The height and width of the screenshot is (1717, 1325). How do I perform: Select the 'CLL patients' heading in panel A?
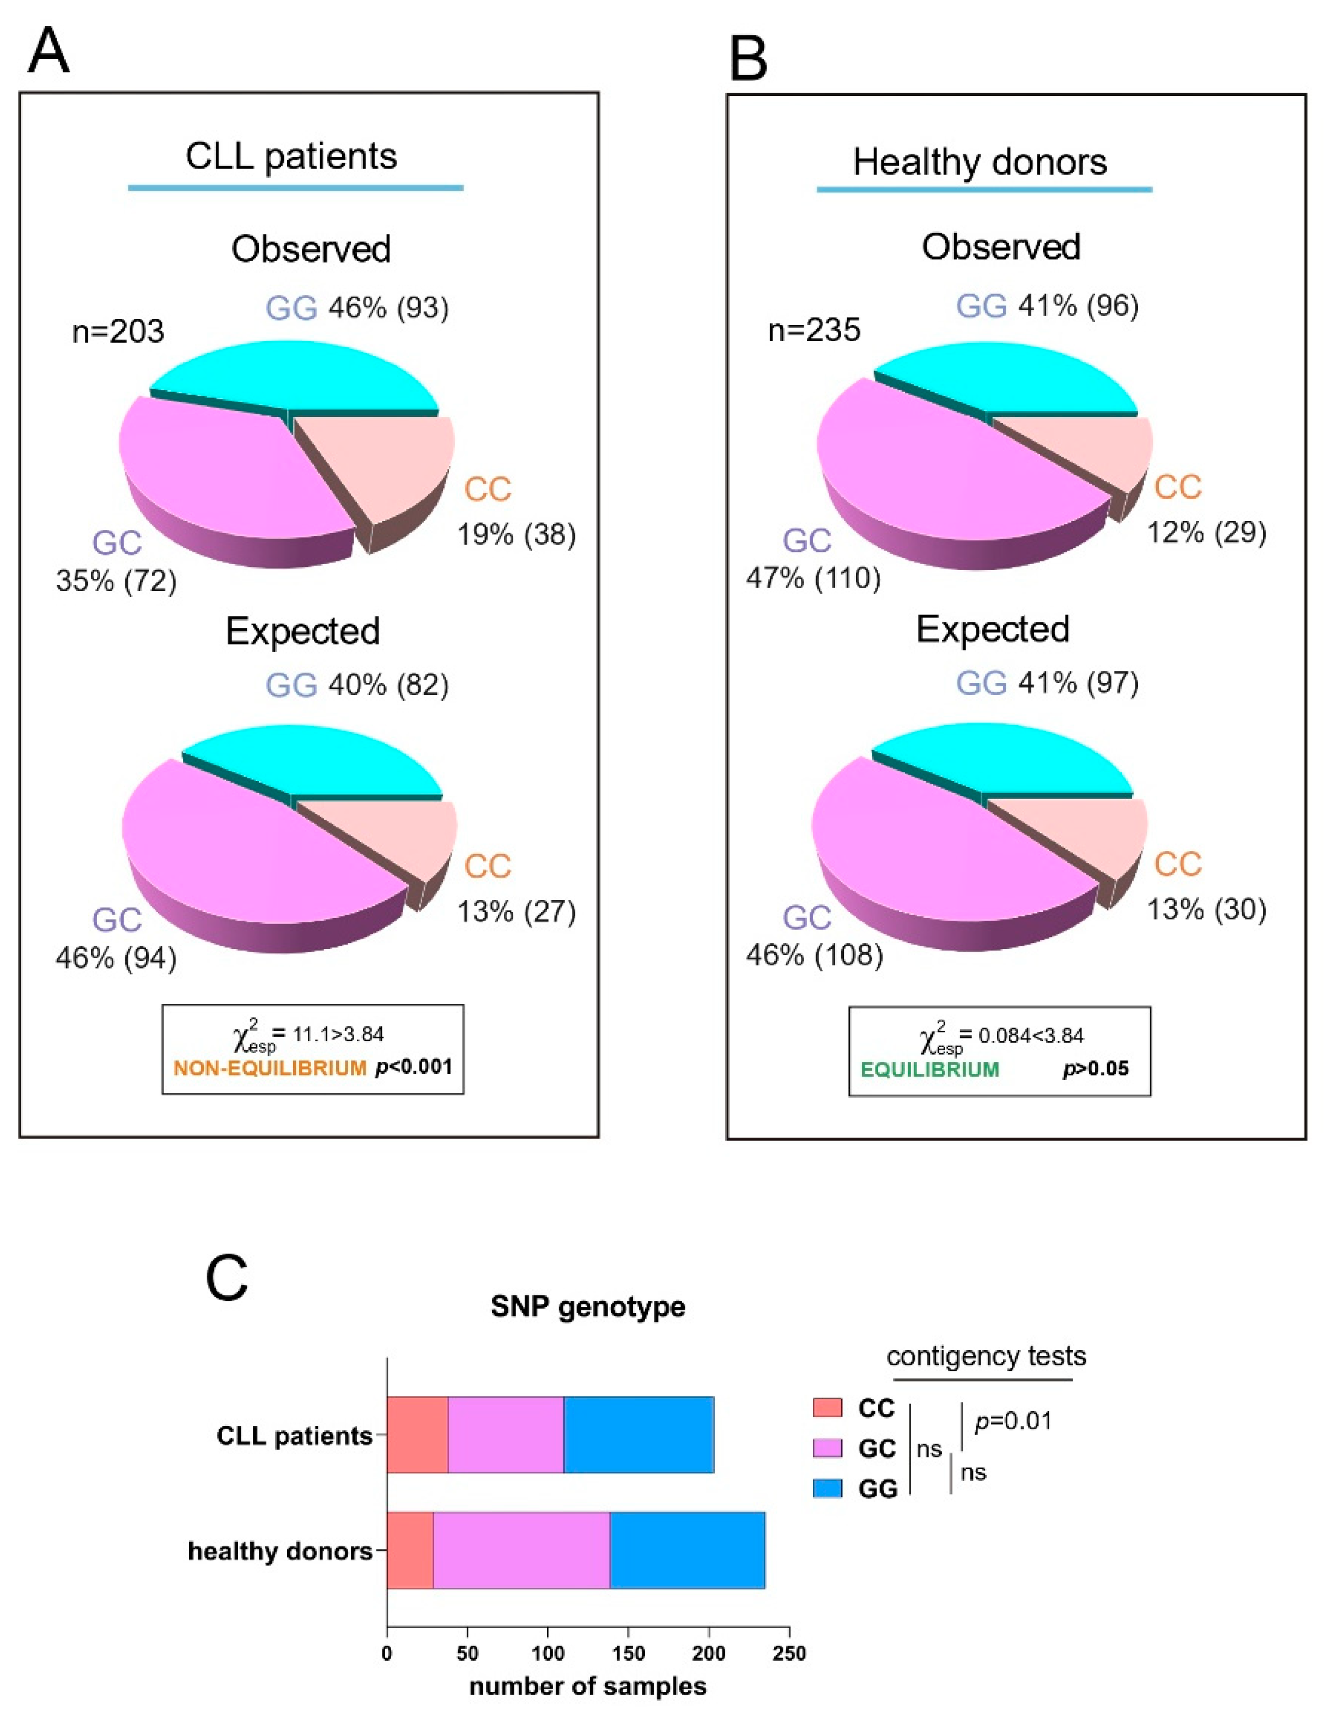(x=291, y=156)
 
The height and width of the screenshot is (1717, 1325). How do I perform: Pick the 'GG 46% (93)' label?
(x=357, y=308)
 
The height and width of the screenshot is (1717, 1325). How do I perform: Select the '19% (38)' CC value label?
(x=516, y=535)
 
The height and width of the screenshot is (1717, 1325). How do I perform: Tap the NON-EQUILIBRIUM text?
(x=270, y=1068)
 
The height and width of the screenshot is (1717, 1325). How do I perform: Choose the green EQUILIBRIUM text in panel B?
(x=929, y=1069)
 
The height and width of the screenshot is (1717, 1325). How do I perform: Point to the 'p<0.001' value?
(x=414, y=1068)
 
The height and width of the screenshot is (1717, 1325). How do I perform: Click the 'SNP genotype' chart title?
(x=588, y=1307)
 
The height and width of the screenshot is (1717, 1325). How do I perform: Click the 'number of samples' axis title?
(x=588, y=1687)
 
